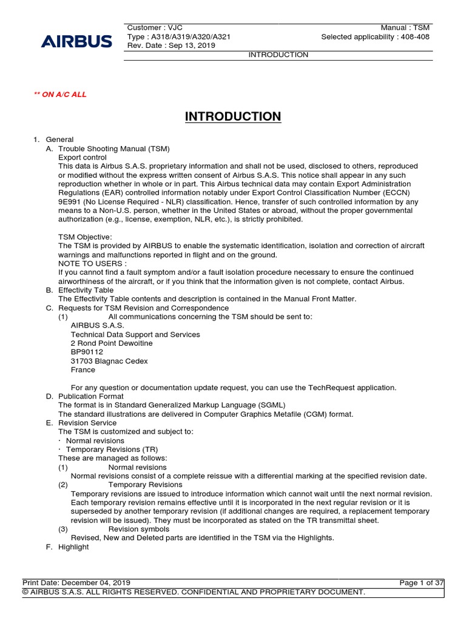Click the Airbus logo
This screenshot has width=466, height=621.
tap(76, 41)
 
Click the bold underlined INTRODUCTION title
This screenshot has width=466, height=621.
tap(233, 116)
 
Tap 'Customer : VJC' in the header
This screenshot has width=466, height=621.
tap(155, 28)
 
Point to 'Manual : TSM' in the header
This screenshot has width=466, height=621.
tap(405, 28)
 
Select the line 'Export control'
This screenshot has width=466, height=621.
tap(83, 157)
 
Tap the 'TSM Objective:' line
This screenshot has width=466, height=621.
tap(85, 237)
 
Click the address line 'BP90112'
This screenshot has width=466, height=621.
tap(87, 352)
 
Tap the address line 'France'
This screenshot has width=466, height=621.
tap(83, 370)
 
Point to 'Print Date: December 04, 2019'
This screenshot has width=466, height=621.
tap(76, 583)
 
